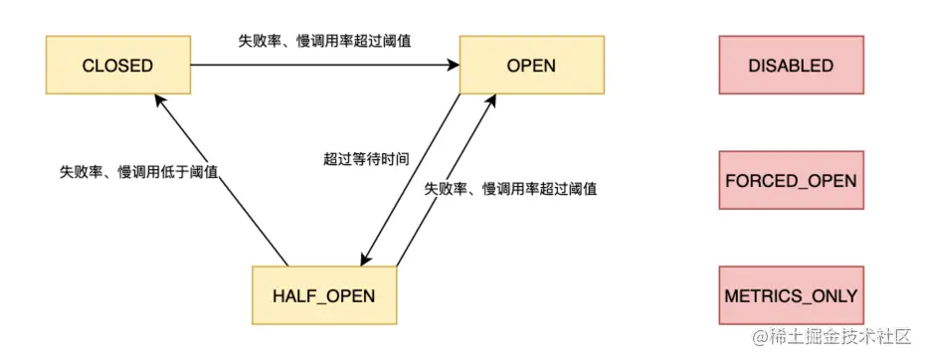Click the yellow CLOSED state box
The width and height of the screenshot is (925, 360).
117,67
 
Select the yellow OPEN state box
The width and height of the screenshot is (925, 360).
531,67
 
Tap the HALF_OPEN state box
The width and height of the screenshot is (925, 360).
323,295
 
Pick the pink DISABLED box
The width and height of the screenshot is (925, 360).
791,67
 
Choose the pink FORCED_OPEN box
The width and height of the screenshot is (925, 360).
791,181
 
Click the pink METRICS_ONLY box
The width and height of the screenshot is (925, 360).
791,295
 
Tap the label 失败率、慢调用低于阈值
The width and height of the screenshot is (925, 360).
138,171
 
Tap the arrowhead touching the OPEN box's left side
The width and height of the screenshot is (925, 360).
453,67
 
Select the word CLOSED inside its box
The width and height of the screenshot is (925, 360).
117,67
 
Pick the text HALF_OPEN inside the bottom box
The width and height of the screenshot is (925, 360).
323,295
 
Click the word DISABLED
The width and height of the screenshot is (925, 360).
791,67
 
